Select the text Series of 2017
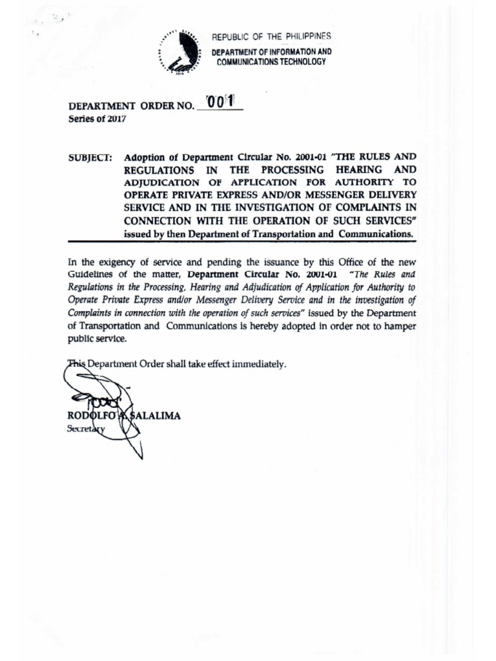97,119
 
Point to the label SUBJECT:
90,157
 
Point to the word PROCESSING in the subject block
302,170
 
